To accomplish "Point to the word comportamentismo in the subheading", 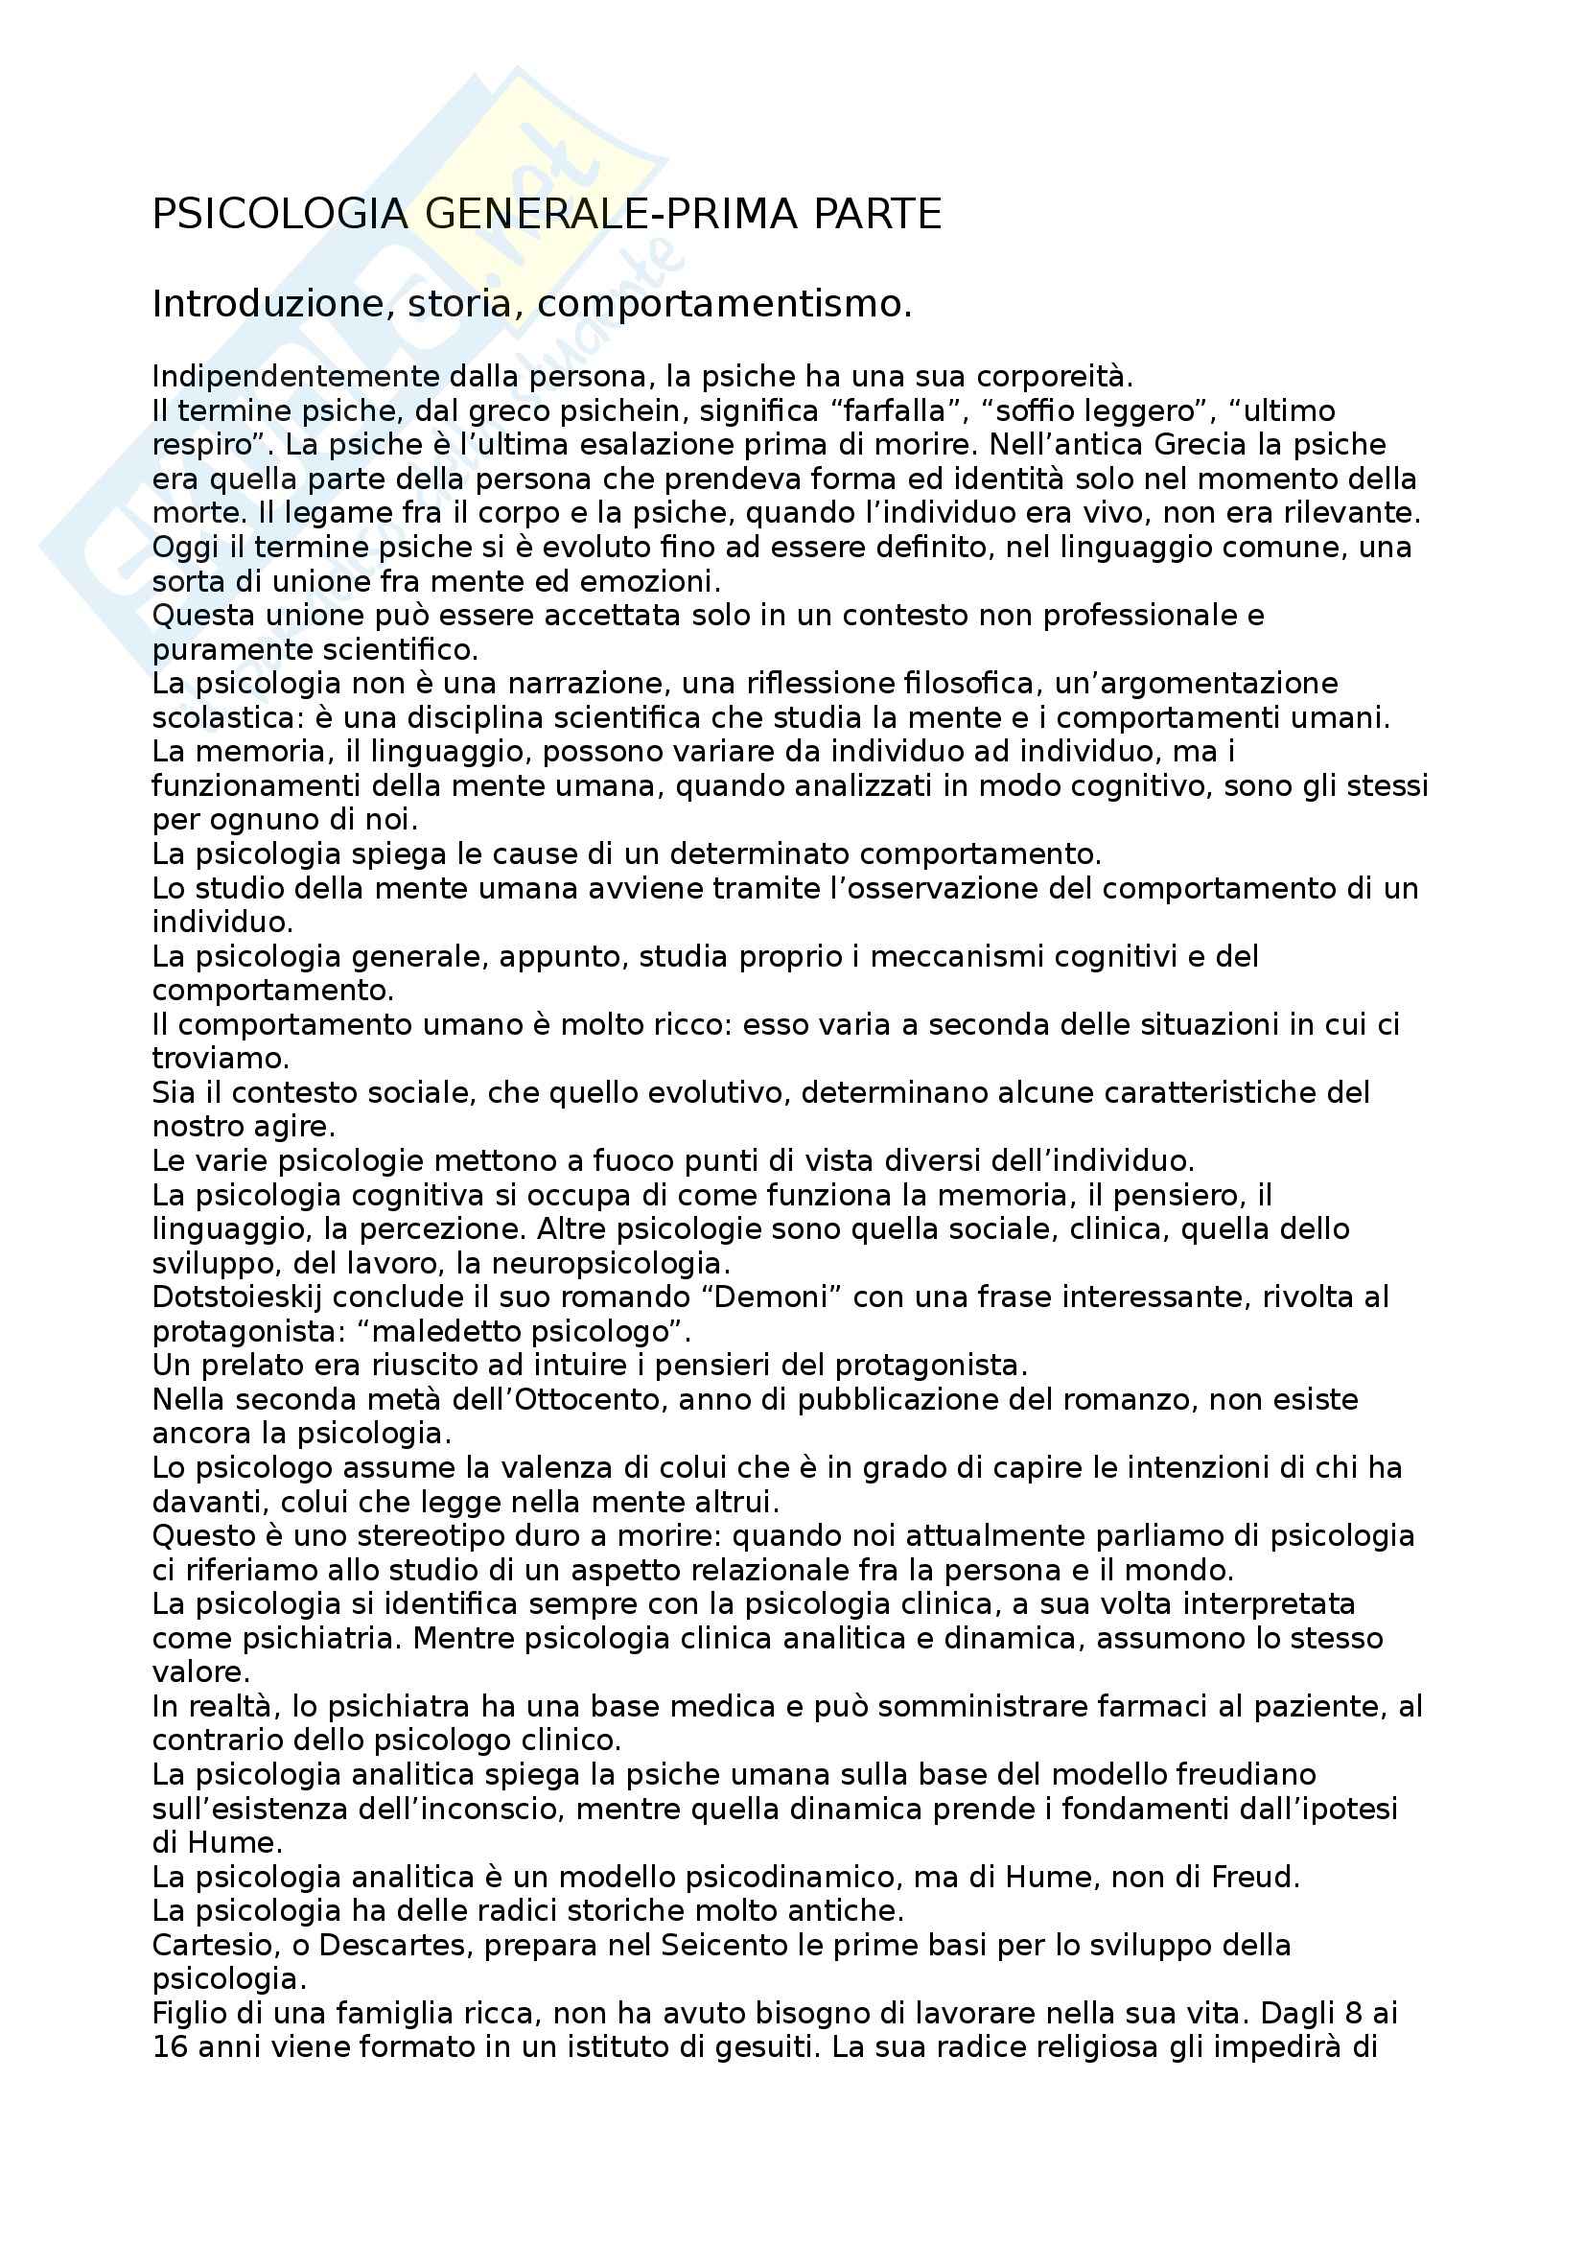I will (x=722, y=305).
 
